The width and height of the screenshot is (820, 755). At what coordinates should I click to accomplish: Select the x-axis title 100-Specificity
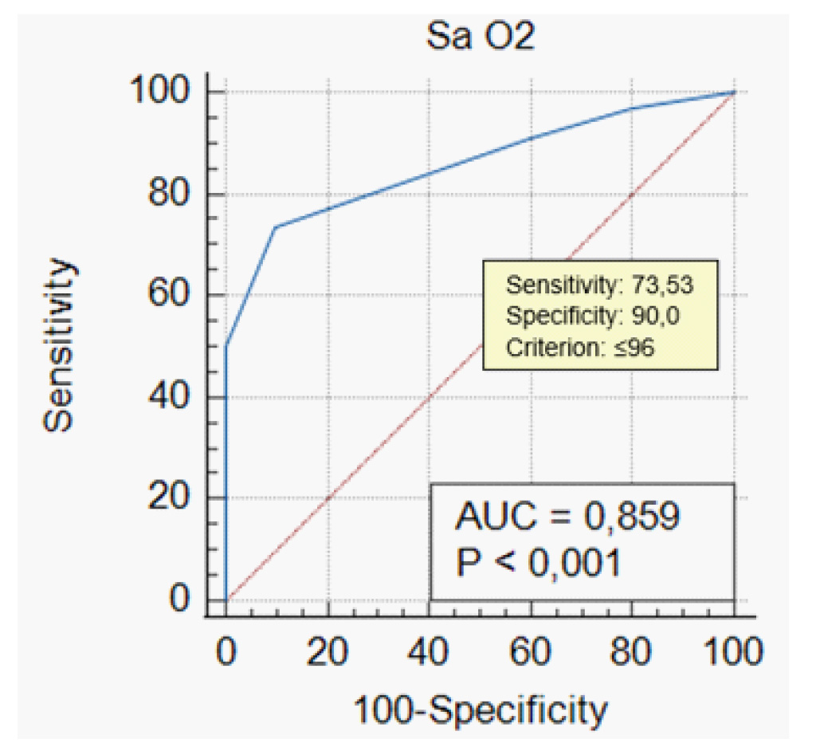[481, 708]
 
